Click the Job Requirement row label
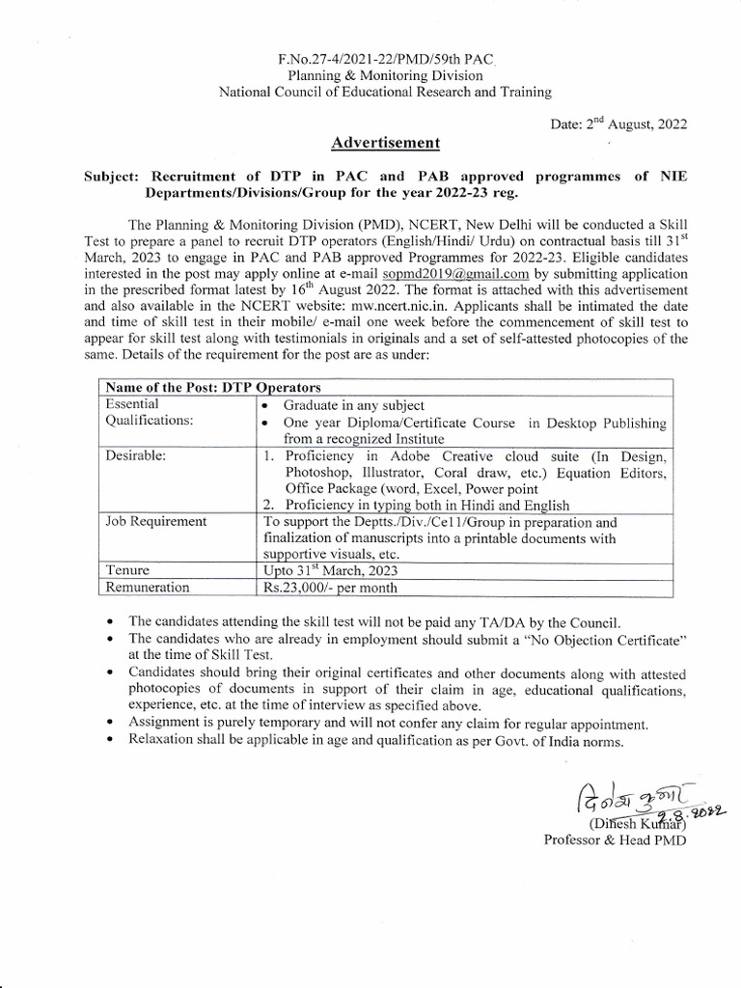click(x=156, y=521)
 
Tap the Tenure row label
click(x=128, y=570)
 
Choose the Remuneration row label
click(x=147, y=587)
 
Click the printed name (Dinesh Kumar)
click(x=626, y=823)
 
